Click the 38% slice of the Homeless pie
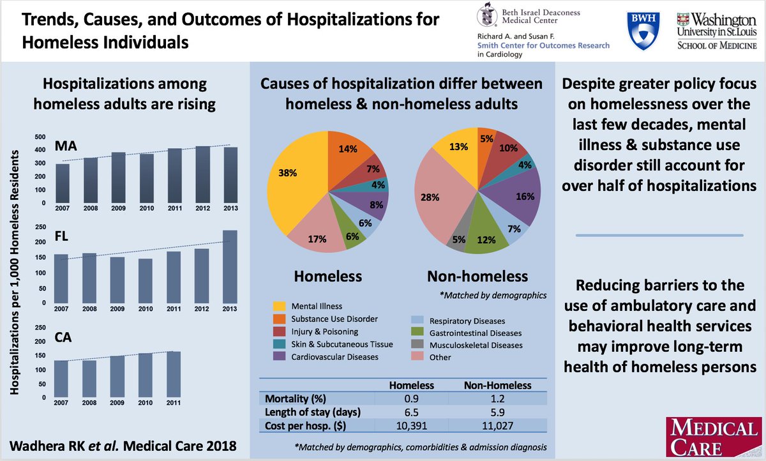(290, 182)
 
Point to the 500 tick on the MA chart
(40, 137)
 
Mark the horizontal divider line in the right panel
(661, 236)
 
